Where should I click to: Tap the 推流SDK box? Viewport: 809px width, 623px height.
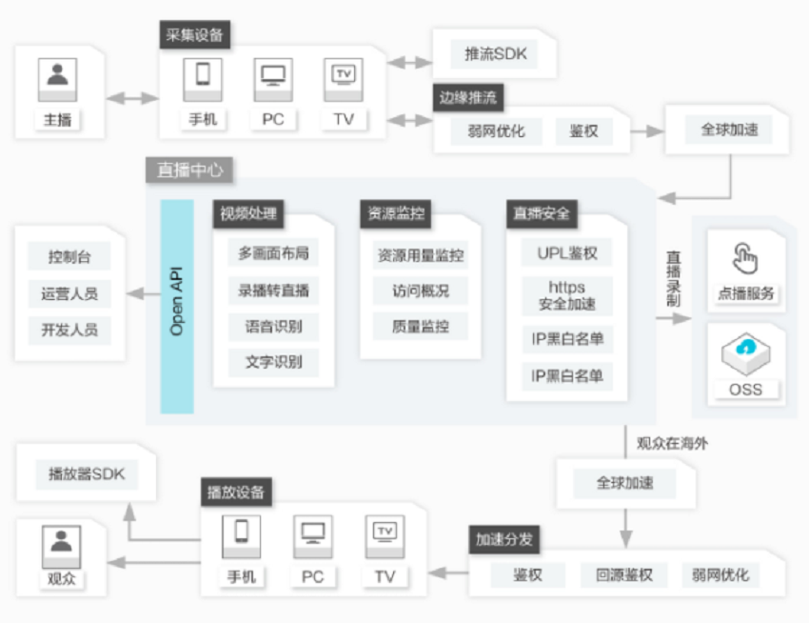[x=494, y=54]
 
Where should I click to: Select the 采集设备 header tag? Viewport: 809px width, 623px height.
[x=194, y=34]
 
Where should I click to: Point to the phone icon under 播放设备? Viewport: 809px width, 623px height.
[x=241, y=536]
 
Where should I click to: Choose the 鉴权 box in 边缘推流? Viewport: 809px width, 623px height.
[x=583, y=131]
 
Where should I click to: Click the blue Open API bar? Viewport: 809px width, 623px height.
[x=177, y=307]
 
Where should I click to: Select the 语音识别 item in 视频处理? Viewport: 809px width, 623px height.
[x=273, y=327]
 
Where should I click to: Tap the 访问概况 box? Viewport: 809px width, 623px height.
[x=421, y=291]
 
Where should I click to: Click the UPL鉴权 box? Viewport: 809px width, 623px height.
[x=566, y=252]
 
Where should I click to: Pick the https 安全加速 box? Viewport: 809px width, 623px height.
[x=567, y=296]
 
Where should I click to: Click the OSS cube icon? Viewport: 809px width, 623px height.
[x=745, y=354]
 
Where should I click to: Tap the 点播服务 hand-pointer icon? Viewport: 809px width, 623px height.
[x=744, y=258]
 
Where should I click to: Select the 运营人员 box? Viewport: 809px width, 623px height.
[x=69, y=294]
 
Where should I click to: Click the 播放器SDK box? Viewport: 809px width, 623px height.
[x=87, y=474]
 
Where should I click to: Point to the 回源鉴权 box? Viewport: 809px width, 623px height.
[x=623, y=575]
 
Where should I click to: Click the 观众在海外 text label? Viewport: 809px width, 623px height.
[x=672, y=443]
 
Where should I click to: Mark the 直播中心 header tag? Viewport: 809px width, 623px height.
[x=189, y=170]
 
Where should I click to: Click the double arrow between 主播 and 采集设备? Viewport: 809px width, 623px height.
[x=132, y=97]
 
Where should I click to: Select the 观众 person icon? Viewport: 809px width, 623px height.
[x=62, y=547]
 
